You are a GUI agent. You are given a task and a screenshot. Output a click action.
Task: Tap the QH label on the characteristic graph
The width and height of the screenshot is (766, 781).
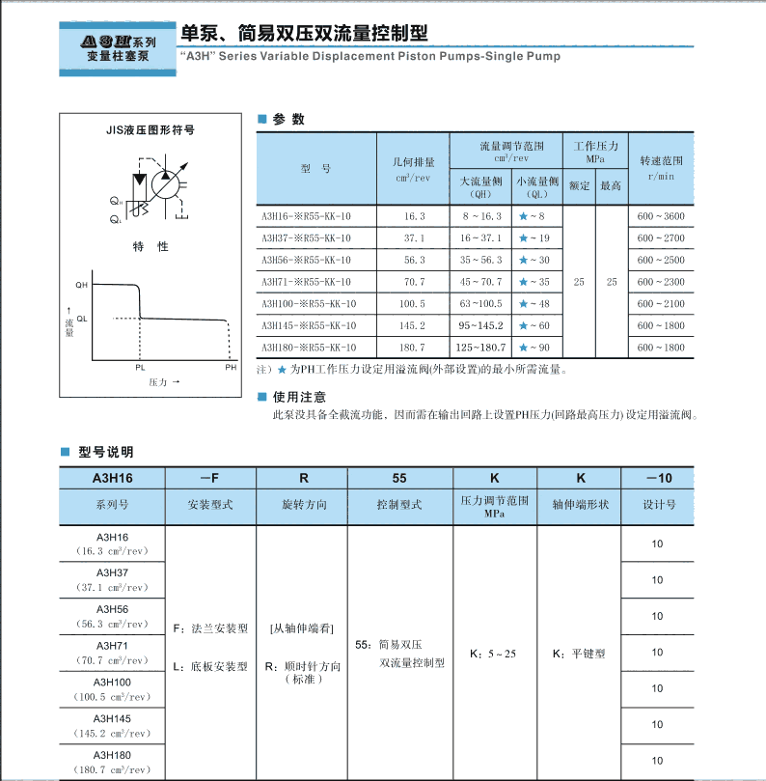(82, 287)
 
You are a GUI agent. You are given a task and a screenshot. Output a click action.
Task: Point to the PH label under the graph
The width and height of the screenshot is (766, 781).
(231, 368)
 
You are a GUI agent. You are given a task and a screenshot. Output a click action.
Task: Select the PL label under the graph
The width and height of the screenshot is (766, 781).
(140, 368)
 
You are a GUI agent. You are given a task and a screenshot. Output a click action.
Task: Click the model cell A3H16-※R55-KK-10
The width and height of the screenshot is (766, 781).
(306, 216)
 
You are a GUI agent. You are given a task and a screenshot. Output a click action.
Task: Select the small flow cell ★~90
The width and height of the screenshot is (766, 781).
(533, 348)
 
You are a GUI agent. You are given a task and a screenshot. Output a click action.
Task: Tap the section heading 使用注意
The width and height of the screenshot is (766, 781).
(299, 397)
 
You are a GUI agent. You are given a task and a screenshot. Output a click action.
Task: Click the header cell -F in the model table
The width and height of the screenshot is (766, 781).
(209, 478)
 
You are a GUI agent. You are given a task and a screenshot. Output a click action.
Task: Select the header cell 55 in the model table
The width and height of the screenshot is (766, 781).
(398, 478)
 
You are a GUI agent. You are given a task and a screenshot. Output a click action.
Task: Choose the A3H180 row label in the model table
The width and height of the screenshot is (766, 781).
(112, 755)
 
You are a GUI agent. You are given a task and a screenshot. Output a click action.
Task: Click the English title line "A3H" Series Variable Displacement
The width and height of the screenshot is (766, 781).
(369, 57)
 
